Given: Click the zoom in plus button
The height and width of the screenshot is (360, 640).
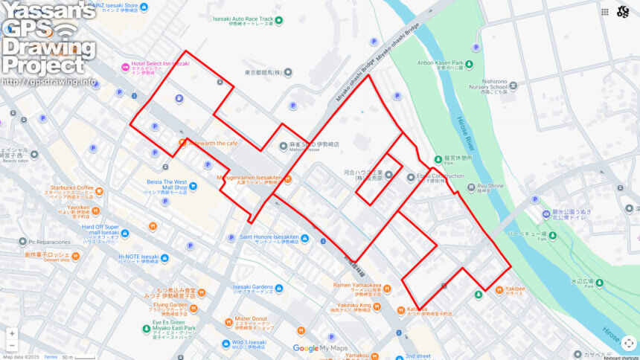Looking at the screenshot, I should coord(12,334).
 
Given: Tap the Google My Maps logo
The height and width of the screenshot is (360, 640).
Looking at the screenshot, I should coord(320,348).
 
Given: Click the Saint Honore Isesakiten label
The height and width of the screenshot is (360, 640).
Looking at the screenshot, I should coord(269,237).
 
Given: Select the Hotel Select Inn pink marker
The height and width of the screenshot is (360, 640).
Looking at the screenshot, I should coord(125,68).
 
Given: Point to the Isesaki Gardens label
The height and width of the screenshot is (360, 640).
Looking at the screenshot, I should coord(253,287).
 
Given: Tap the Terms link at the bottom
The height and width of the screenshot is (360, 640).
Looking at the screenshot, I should coord(50,357).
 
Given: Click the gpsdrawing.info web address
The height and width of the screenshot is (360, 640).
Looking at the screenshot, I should coord(49,82).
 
